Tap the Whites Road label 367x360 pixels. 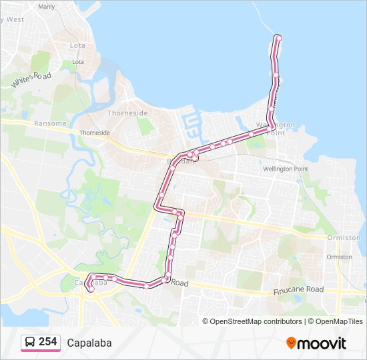31,79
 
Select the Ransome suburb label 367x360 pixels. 51,123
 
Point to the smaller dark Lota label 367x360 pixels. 78,62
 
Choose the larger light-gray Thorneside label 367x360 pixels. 127,113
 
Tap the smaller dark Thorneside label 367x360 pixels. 95,133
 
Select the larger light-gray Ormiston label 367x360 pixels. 344,237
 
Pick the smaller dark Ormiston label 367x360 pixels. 340,257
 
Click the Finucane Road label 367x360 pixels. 298,291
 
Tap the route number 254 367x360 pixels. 47,342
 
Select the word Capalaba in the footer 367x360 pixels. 89,343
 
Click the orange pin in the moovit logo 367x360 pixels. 291,343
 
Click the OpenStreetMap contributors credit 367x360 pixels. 256,321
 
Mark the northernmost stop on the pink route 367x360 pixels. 278,37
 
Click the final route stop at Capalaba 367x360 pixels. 89,288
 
